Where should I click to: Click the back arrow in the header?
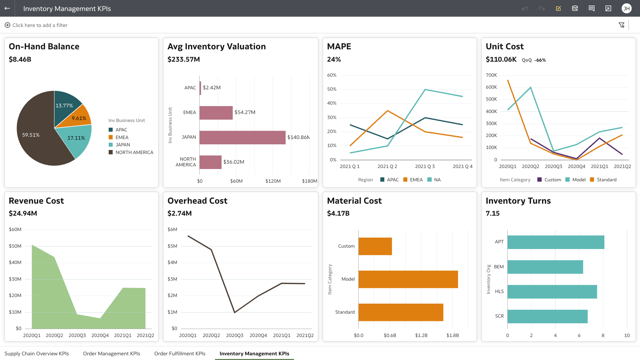click(x=7, y=8)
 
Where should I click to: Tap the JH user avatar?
click(x=626, y=8)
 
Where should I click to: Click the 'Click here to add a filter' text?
click(x=40, y=25)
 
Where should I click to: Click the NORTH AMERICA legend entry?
click(x=134, y=152)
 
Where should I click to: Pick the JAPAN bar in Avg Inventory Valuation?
click(x=242, y=137)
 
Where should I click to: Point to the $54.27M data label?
click(x=245, y=112)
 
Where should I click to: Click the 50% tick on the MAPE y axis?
click(x=332, y=89)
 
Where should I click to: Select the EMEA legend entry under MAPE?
click(x=416, y=180)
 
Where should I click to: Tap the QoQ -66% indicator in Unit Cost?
click(x=534, y=60)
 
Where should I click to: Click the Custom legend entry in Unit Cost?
click(x=552, y=180)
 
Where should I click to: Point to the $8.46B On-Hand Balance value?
click(x=20, y=59)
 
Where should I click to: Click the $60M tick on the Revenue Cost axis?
click(x=15, y=229)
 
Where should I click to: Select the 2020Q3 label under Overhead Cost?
click(x=235, y=335)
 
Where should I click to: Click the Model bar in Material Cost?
click(x=408, y=279)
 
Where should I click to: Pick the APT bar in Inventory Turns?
click(x=555, y=242)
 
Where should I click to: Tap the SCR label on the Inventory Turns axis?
click(x=499, y=316)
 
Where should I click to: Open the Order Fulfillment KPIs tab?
click(x=180, y=354)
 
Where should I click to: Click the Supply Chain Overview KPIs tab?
click(x=37, y=354)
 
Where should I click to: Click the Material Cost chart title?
click(x=354, y=201)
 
